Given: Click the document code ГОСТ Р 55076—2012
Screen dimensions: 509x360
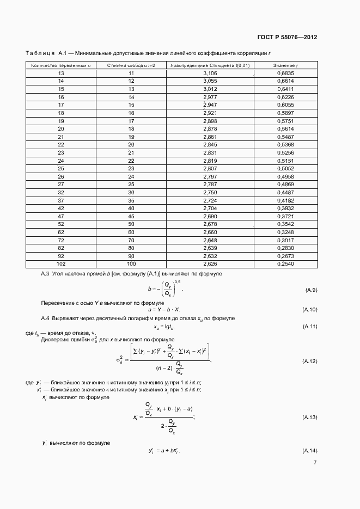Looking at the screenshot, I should pos(286,37).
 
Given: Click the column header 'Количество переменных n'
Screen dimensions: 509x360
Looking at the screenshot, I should pos(60,65).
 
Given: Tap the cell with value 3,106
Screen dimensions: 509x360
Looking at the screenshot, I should pos(210,72).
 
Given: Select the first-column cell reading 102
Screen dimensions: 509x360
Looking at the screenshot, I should pos(60,264).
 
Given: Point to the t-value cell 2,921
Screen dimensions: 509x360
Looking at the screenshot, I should pos(210,112).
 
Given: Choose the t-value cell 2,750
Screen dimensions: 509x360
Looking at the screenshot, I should pos(210,192).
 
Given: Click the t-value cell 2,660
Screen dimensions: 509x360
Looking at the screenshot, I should pos(210,232).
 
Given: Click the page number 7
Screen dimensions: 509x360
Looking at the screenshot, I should pos(315,463).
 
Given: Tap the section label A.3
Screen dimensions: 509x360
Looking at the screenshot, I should pos(46,273).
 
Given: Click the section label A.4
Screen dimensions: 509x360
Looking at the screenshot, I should pos(46,317).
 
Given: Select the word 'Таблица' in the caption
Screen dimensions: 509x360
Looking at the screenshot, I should pos(39,53).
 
